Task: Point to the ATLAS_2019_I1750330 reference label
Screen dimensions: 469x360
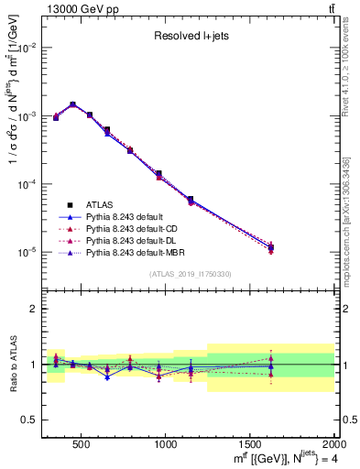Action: click(x=191, y=274)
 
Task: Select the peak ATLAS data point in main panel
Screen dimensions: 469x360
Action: click(x=72, y=104)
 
